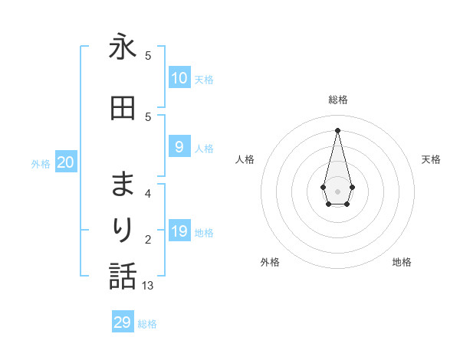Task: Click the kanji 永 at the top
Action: click(x=123, y=47)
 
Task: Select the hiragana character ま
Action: click(x=123, y=185)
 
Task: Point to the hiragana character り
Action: click(x=123, y=229)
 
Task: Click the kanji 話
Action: click(x=123, y=275)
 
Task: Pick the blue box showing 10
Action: click(x=179, y=78)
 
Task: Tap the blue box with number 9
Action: click(x=179, y=147)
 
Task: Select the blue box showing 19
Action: click(x=179, y=231)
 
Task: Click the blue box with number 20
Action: click(x=66, y=162)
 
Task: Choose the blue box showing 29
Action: click(x=123, y=322)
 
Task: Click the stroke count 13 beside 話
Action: click(x=149, y=285)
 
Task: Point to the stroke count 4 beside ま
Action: click(x=148, y=193)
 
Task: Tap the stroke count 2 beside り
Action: click(x=148, y=239)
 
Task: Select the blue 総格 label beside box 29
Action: click(x=147, y=324)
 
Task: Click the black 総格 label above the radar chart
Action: click(x=338, y=100)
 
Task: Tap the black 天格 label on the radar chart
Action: click(x=431, y=159)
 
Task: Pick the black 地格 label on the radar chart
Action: click(x=402, y=262)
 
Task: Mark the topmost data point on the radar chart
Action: click(x=337, y=129)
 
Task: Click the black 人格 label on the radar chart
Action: click(x=245, y=159)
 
